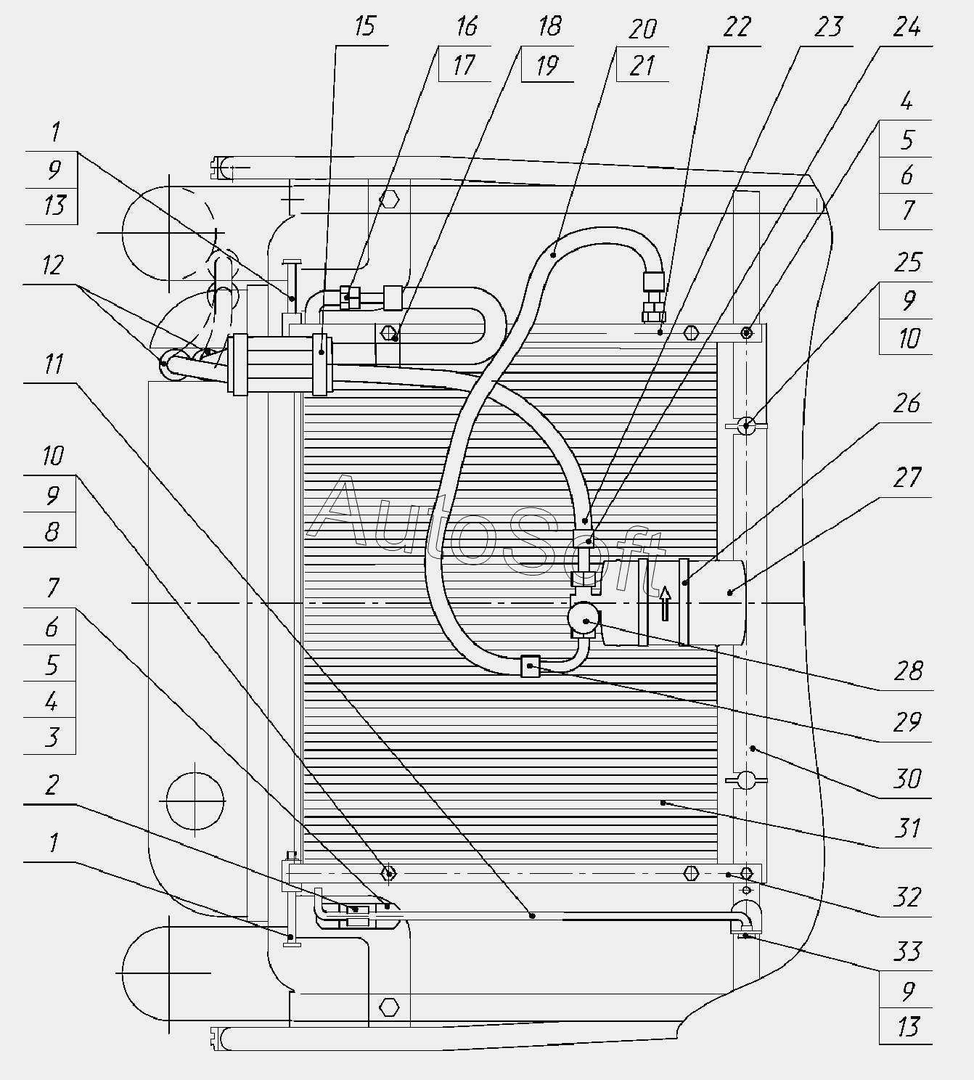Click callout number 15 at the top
[365, 26]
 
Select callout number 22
[737, 26]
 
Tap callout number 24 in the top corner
[907, 26]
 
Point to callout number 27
[908, 478]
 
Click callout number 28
[908, 671]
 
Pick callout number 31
[908, 829]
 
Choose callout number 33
[908, 952]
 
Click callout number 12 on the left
[53, 266]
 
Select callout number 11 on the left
[53, 364]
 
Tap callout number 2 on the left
[52, 785]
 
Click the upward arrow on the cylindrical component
[666, 603]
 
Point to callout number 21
[642, 65]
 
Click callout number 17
[464, 65]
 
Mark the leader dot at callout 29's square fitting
[531, 666]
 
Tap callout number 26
[907, 404]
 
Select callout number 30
[908, 779]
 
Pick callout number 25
[908, 262]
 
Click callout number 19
[547, 65]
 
